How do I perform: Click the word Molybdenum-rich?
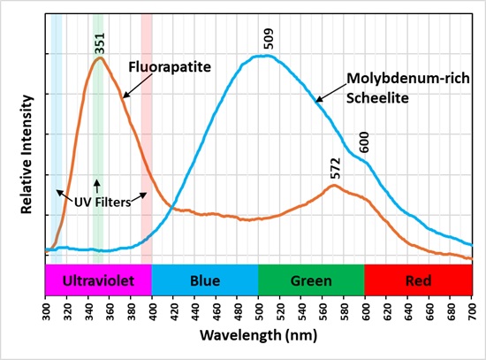point(399,77)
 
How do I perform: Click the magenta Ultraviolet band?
point(98,280)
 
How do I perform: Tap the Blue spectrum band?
point(205,280)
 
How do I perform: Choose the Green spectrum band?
point(311,280)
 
